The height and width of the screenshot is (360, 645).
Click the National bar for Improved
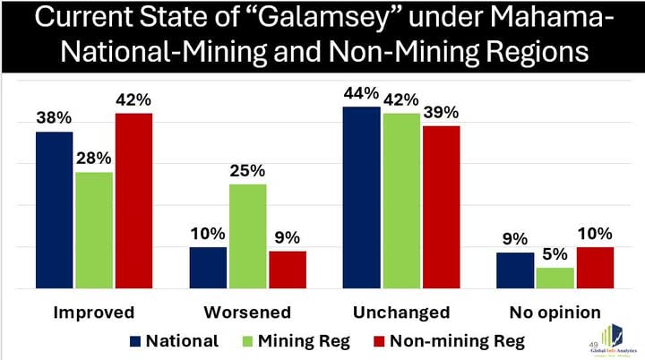coord(55,210)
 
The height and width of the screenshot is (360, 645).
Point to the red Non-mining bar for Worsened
coord(287,270)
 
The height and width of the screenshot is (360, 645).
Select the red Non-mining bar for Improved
coord(133,201)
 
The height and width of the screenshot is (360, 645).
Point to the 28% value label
coord(93,158)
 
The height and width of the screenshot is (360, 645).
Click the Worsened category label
coord(247,313)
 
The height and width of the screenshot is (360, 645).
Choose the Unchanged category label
coord(402,313)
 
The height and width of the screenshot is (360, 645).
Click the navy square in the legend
coord(136,340)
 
